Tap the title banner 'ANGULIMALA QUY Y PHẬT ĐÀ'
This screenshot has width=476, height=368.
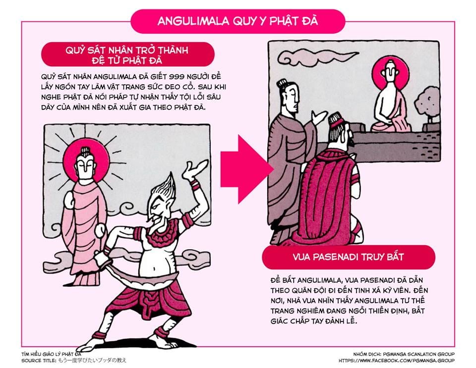click(238, 21)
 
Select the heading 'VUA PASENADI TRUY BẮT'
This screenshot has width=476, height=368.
click(348, 257)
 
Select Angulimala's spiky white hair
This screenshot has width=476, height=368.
click(164, 187)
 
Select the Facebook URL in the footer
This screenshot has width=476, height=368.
click(397, 361)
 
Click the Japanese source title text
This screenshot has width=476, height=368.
click(92, 361)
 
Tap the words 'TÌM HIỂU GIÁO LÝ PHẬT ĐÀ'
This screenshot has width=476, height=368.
click(51, 354)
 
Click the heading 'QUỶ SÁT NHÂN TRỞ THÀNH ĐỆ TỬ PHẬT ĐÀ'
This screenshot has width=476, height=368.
click(127, 54)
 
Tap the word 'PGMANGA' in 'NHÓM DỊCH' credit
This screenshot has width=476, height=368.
click(394, 354)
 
